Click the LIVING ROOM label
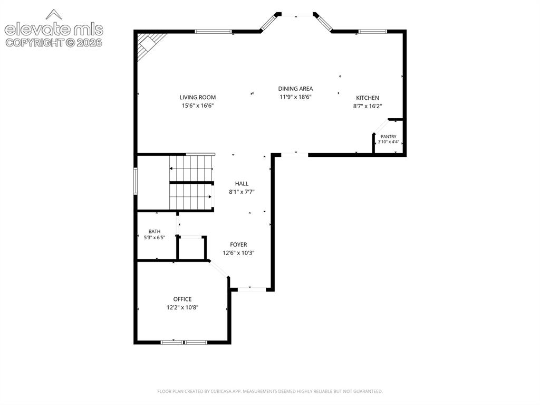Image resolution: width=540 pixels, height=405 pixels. (x=198, y=97)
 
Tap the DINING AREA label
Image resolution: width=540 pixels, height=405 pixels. (x=295, y=89)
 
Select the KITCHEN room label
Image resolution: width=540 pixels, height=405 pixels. (x=368, y=98)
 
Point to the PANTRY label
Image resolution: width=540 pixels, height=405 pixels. (x=389, y=137)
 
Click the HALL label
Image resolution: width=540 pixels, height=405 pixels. (x=242, y=184)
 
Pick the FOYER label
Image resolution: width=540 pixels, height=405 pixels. (x=239, y=244)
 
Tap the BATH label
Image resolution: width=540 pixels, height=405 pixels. (x=155, y=231)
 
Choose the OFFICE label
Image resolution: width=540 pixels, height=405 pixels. (x=182, y=299)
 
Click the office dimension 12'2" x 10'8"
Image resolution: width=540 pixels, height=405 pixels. (x=182, y=307)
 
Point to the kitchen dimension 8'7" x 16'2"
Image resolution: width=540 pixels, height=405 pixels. (x=368, y=106)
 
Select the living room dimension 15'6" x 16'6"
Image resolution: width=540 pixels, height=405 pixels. (x=198, y=106)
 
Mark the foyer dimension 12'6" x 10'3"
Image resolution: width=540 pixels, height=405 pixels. (x=239, y=253)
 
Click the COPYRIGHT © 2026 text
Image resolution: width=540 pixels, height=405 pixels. (x=54, y=43)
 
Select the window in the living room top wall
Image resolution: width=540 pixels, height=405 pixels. (x=213, y=32)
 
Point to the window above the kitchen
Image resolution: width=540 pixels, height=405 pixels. (x=373, y=32)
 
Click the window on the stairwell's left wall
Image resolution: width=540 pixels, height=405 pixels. (x=136, y=181)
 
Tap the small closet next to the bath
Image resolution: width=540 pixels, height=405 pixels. (x=191, y=248)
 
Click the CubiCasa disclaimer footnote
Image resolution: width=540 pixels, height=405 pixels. (x=270, y=391)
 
